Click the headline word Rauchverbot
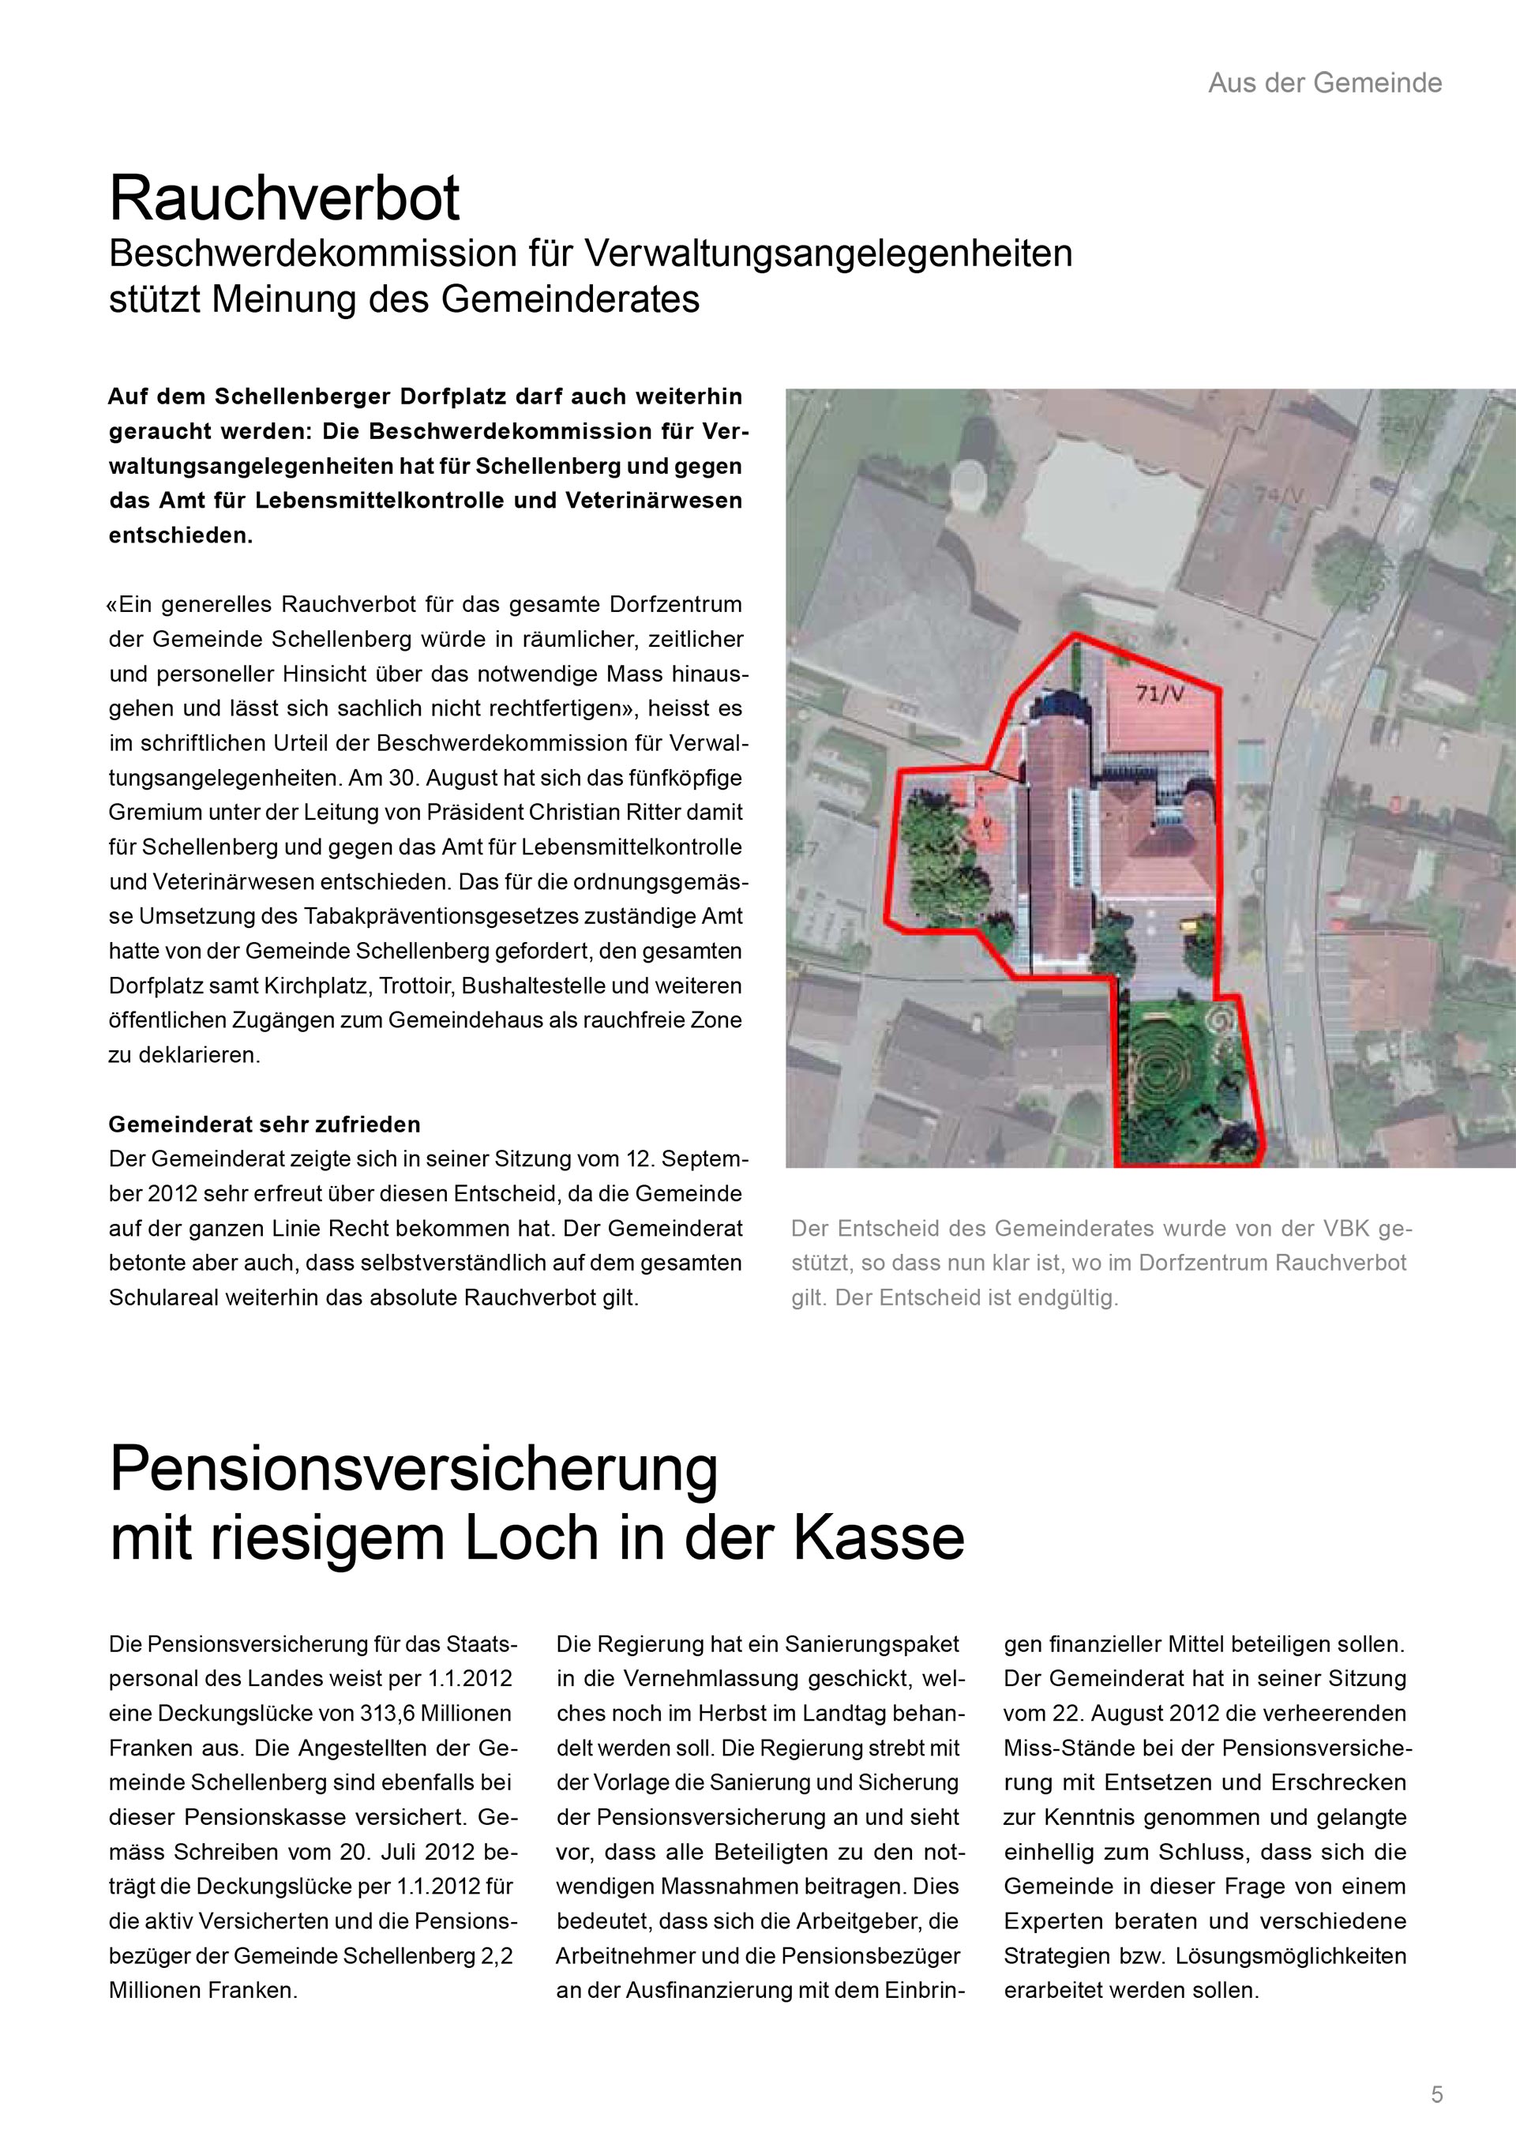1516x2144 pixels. [285, 198]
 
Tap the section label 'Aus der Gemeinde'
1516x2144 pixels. [1325, 83]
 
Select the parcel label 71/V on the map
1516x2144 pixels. [1159, 695]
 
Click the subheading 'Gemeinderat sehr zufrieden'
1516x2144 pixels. [265, 1125]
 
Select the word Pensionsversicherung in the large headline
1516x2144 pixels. [414, 1469]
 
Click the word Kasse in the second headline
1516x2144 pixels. [879, 1538]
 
